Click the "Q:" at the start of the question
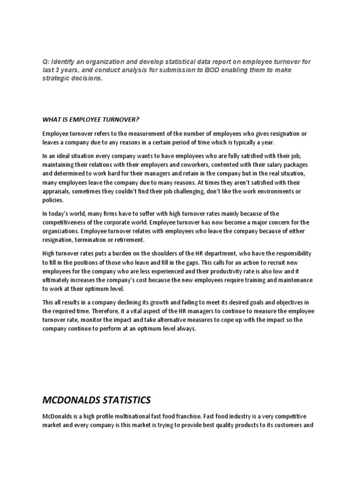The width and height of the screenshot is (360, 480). click(x=45, y=62)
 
